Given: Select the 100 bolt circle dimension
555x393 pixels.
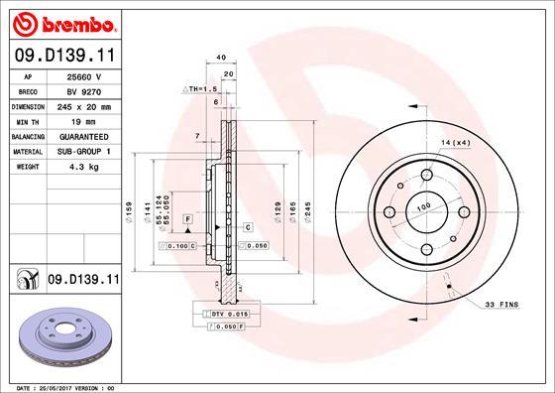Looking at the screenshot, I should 423,206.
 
